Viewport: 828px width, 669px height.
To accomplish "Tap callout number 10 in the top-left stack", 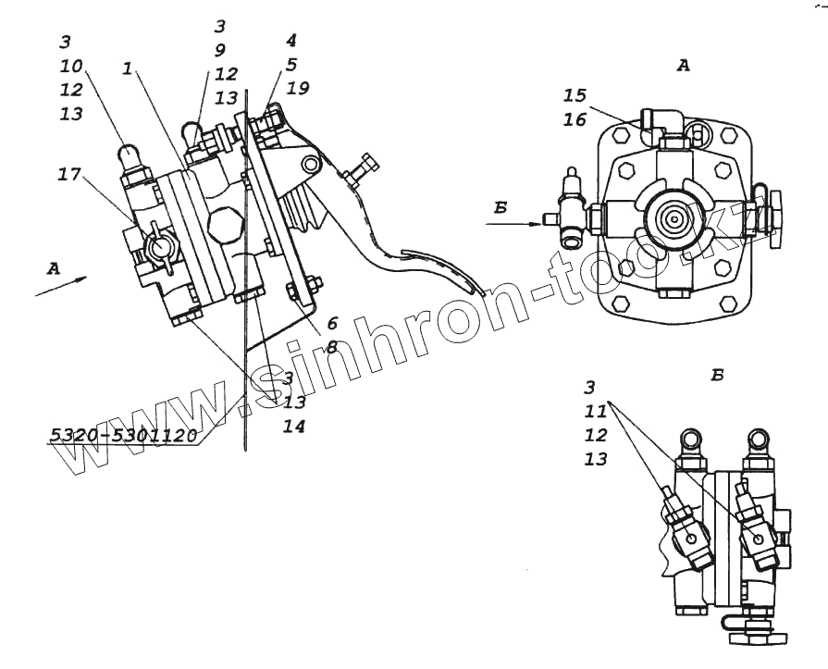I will [71, 66].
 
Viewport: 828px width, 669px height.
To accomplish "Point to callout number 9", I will [219, 50].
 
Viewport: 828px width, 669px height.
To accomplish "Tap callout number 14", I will [294, 427].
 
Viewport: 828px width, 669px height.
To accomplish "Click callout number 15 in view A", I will [575, 94].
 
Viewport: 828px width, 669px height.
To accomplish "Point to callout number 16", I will [575, 119].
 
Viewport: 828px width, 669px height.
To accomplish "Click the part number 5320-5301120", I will [124, 435].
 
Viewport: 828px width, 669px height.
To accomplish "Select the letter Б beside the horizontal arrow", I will [501, 207].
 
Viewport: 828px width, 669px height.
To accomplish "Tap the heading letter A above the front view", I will [684, 65].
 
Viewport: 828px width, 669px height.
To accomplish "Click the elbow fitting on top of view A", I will [661, 124].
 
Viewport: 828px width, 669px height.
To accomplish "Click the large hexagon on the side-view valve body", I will [224, 223].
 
